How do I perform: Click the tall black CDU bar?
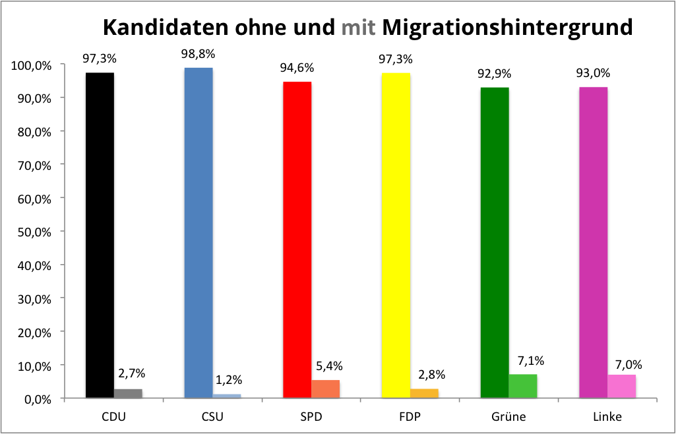pos(100,235)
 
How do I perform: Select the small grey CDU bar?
pos(128,393)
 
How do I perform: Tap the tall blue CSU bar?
pos(199,232)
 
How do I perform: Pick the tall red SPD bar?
pos(297,240)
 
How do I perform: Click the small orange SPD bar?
pos(326,389)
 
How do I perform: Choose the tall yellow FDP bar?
pos(396,235)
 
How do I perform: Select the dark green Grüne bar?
pos(495,242)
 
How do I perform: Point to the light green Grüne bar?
pos(523,386)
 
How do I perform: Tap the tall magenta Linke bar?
pos(594,242)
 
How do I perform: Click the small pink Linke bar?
pos(622,386)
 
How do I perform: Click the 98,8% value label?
pos(199,53)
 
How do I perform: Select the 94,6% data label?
pos(297,67)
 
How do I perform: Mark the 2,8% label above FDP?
pos(431,375)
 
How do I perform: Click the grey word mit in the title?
pos(359,27)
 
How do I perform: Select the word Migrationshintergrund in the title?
pos(507,27)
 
